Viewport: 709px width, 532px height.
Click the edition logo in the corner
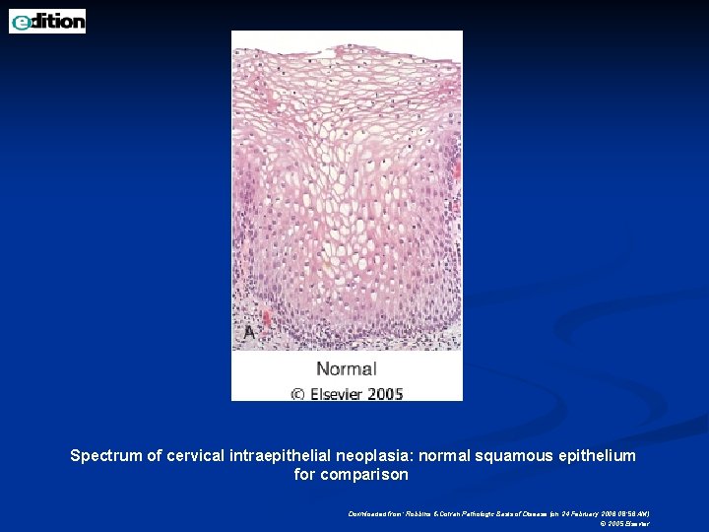pyautogui.click(x=47, y=21)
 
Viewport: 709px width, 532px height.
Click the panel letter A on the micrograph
pyautogui.click(x=249, y=333)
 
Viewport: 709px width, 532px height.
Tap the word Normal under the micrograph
pyautogui.click(x=346, y=369)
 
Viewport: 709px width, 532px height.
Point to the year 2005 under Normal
pyautogui.click(x=386, y=393)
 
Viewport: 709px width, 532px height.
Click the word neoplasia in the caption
pyautogui.click(x=369, y=456)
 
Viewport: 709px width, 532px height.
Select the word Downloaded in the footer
pyautogui.click(x=367, y=513)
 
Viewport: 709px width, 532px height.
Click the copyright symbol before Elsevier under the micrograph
pyautogui.click(x=297, y=394)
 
